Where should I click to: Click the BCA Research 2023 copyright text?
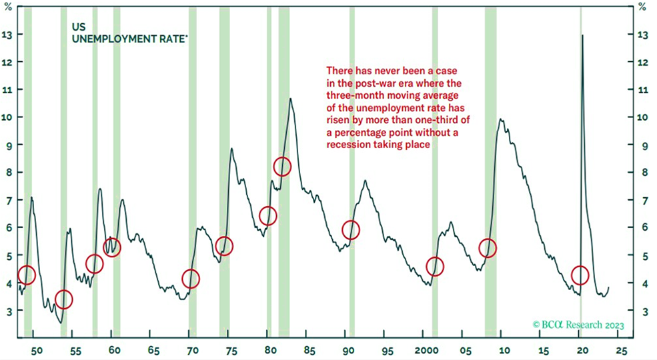[x=578, y=325]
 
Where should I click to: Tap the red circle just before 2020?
[x=580, y=275]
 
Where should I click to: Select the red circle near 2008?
[x=488, y=248]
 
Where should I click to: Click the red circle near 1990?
[x=351, y=230]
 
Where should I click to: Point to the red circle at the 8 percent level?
[x=282, y=166]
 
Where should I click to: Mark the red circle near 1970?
[x=191, y=279]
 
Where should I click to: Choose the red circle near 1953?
[x=63, y=299]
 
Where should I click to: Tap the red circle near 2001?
[x=435, y=267]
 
